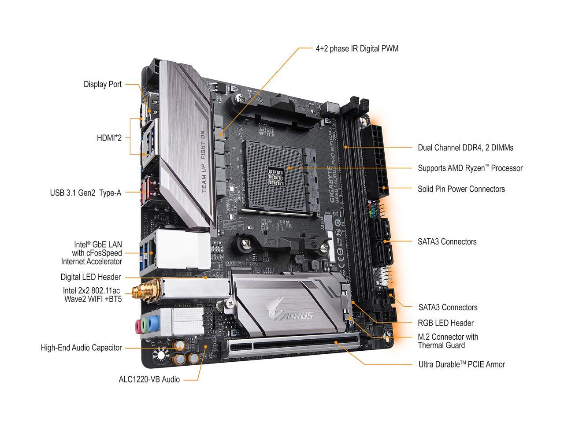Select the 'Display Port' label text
pos(103,84)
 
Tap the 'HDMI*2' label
pos(109,138)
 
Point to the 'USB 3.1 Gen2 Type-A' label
pos(85,193)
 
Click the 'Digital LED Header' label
pos(90,277)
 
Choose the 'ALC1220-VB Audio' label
pos(149,379)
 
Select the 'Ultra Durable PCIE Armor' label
pos(461,364)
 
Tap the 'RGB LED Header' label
pos(445,323)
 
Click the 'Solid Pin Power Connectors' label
pos(461,189)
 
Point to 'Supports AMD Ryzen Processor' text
pos(470,168)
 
